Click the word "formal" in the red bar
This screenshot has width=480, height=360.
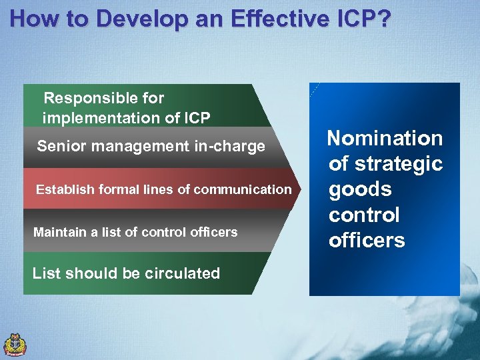tap(115, 189)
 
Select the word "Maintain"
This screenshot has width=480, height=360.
tap(59, 232)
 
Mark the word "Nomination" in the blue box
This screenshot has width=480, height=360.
tap(385, 139)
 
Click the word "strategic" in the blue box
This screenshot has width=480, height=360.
tap(401, 164)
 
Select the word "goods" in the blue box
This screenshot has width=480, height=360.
tap(360, 190)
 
